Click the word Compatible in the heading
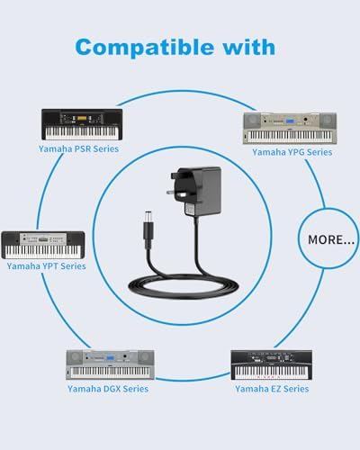pos(145,48)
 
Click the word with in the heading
pos(248,47)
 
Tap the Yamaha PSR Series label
pos(78,148)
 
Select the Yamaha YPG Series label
pos(292,152)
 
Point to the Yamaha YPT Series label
pos(46,266)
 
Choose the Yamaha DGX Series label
pos(108,389)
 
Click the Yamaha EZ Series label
pos(272,389)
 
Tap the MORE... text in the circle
pos(331,239)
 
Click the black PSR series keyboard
pos(82,124)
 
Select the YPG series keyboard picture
pos(290,129)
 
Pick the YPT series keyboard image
pos(43,245)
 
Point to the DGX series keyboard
pos(110,364)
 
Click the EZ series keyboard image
pos(271,364)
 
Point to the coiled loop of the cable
pos(184,289)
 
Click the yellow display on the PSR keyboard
pos(82,118)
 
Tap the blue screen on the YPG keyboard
pos(290,121)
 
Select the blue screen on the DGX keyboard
pos(110,358)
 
